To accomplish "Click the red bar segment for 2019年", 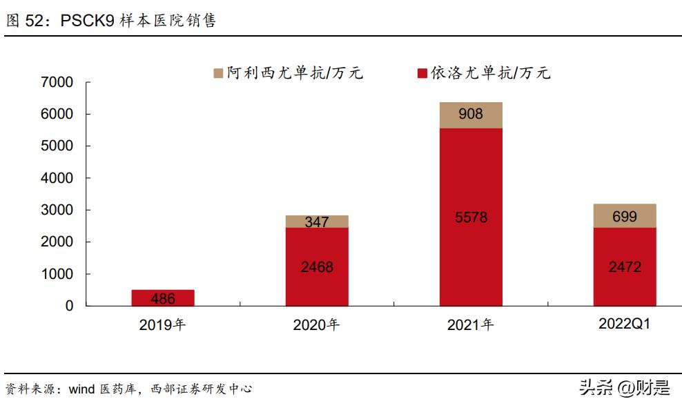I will (x=163, y=298).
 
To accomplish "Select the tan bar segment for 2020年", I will (x=317, y=222).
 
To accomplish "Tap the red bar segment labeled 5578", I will (x=471, y=217).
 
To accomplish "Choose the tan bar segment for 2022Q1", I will (x=625, y=216).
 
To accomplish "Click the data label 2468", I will (x=317, y=266).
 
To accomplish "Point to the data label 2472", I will (x=625, y=266).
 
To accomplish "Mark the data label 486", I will (x=163, y=299).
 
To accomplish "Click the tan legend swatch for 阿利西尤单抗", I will (x=218, y=73).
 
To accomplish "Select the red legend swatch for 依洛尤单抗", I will (x=422, y=73).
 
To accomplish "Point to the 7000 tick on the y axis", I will (x=57, y=82).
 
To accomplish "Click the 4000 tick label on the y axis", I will (x=57, y=178).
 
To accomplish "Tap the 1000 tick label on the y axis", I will (x=57, y=274).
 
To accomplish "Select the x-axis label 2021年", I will (x=470, y=324).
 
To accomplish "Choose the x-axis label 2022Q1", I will (x=625, y=324).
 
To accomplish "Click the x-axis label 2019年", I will (x=162, y=324).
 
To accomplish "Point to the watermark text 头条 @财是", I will (x=625, y=388).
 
